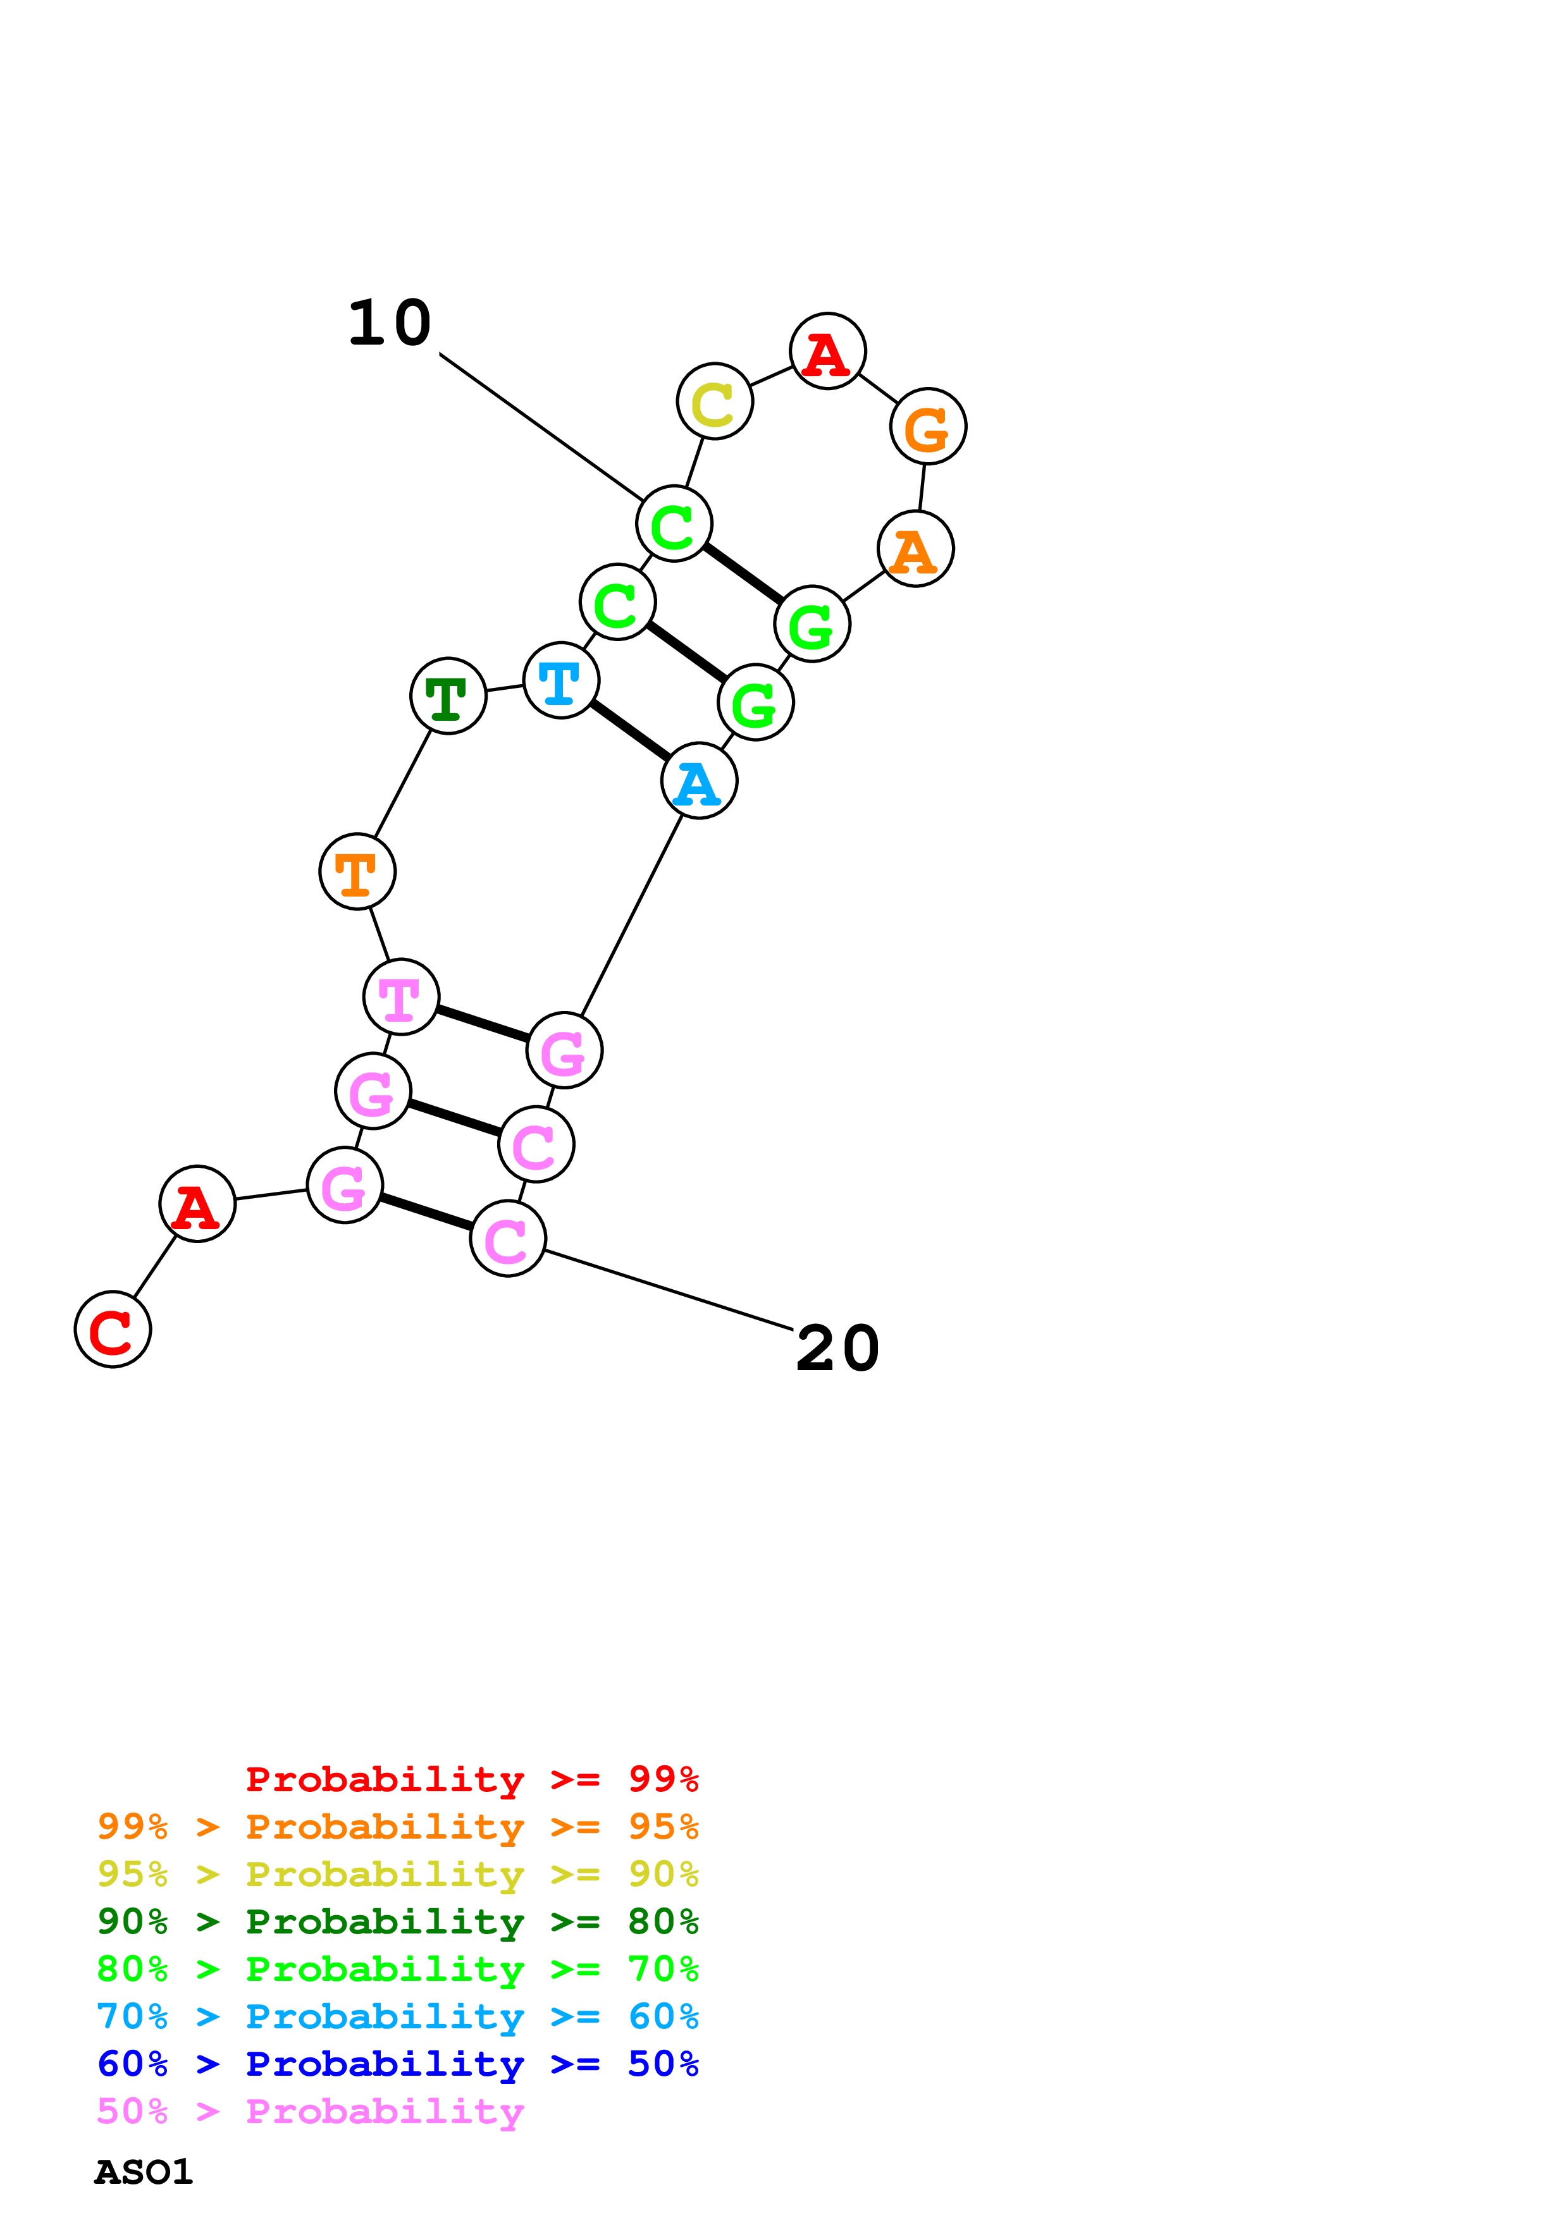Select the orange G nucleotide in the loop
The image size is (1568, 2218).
point(927,426)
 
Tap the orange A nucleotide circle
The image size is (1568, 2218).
point(915,549)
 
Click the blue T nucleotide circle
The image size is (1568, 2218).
point(560,680)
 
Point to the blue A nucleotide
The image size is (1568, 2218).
point(698,781)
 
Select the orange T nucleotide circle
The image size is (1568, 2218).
point(357,871)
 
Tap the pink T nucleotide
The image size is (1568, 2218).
point(401,997)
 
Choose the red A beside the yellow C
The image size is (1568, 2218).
point(827,351)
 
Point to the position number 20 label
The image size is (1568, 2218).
point(837,1349)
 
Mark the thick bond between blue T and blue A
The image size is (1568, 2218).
point(630,730)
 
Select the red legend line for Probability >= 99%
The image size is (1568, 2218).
point(471,1779)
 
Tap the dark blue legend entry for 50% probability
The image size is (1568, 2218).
point(397,2064)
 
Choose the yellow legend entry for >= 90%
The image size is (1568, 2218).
point(397,1873)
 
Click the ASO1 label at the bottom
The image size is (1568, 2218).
point(143,2172)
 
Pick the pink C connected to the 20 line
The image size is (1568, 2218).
point(507,1239)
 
